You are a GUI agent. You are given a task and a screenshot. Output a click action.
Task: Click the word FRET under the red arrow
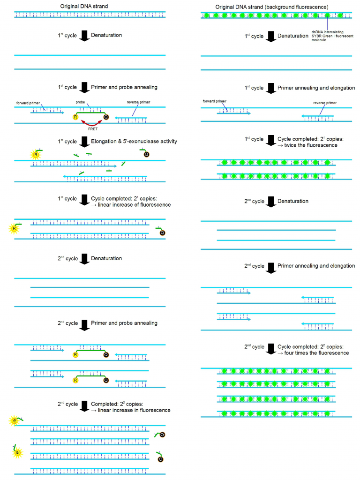[x=92, y=128]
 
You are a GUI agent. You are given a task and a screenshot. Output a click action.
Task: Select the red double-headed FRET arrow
[x=92, y=122]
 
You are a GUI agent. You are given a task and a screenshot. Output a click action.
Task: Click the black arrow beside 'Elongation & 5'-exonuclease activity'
[x=84, y=141]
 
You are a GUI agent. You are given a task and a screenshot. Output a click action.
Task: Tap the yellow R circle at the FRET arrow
[x=75, y=117]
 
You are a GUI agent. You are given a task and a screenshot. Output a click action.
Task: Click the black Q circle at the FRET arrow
[x=106, y=117]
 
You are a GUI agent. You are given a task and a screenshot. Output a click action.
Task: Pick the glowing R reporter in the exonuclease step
[x=34, y=154]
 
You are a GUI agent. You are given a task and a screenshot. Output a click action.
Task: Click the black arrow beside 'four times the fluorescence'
[x=271, y=349]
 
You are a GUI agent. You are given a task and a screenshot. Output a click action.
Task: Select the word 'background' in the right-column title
[x=299, y=7]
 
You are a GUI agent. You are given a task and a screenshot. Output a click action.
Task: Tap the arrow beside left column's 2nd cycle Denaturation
[x=84, y=259]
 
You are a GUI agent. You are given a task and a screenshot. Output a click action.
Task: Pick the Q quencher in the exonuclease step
[x=146, y=154]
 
